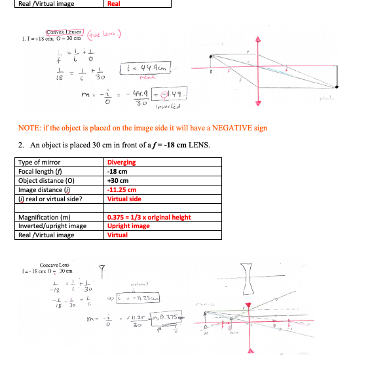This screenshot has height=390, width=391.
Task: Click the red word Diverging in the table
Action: (121, 163)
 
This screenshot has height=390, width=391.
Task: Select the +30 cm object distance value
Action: (118, 181)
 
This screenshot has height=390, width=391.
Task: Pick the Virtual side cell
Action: (124, 199)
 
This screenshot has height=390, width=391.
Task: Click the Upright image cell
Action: (128, 226)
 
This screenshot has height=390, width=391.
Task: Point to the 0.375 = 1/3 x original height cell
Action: (149, 217)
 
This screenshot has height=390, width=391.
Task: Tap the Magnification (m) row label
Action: (44, 217)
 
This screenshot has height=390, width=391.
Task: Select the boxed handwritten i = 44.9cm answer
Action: (145, 66)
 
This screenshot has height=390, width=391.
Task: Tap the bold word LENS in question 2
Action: (196, 145)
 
